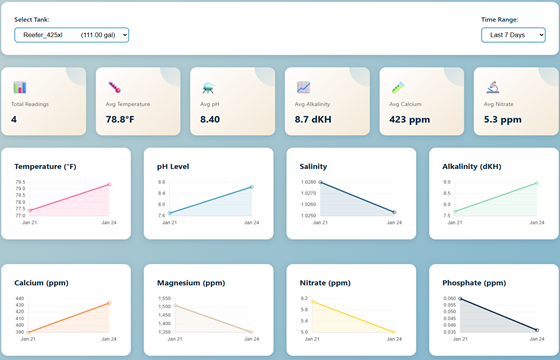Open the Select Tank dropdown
(x=71, y=36)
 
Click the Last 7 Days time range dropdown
(x=512, y=36)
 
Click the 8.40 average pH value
(x=210, y=120)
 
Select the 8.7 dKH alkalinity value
(x=316, y=120)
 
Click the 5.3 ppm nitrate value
(x=502, y=120)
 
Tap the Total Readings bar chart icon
(x=20, y=88)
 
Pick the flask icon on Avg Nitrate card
(x=493, y=88)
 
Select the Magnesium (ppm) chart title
(x=187, y=283)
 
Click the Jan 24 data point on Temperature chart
(x=108, y=184)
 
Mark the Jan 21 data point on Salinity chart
(x=320, y=183)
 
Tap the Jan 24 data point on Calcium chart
(x=108, y=303)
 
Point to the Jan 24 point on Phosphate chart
(x=537, y=329)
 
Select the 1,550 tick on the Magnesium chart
(x=165, y=299)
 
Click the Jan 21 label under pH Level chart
(x=172, y=222)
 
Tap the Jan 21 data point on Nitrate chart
(x=313, y=302)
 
